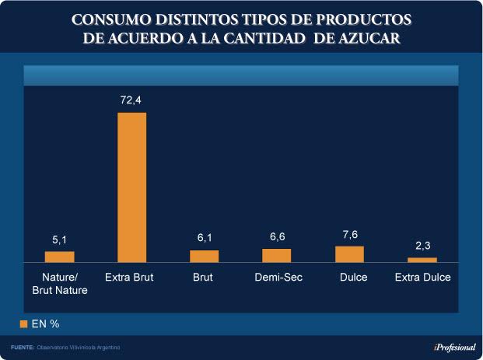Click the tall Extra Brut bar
coord(131,187)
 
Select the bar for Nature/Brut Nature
coord(59,257)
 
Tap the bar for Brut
coord(204,256)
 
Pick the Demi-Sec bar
coord(276,255)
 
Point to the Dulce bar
coord(349,254)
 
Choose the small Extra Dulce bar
coord(422,260)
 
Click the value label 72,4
coord(131,101)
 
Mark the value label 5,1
coord(59,239)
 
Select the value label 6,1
coord(204,238)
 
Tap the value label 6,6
coord(276,236)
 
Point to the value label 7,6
coord(349,234)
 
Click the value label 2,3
coord(422,246)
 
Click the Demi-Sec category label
coord(278,278)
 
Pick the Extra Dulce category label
coord(422,278)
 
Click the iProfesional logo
coord(454,347)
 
